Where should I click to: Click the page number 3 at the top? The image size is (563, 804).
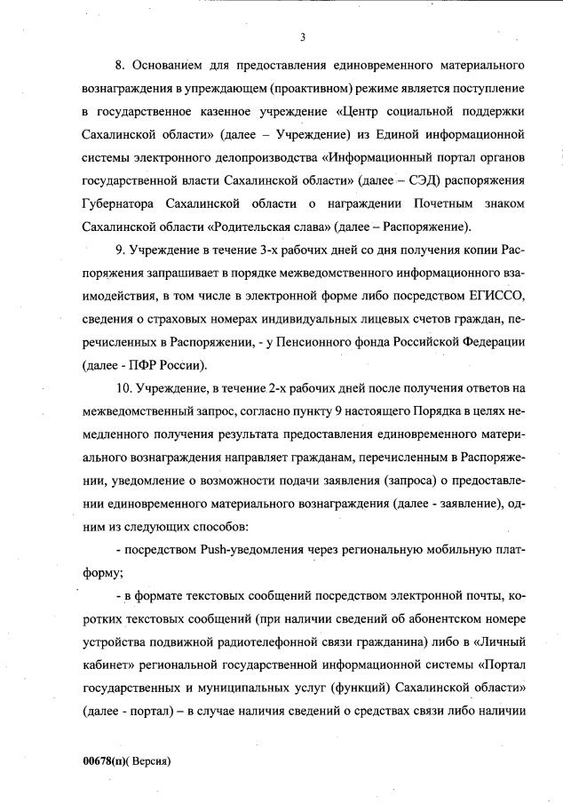pyautogui.click(x=303, y=36)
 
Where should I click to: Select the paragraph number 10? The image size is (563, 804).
pyautogui.click(x=123, y=388)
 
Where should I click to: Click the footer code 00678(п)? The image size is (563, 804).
pyautogui.click(x=107, y=761)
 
